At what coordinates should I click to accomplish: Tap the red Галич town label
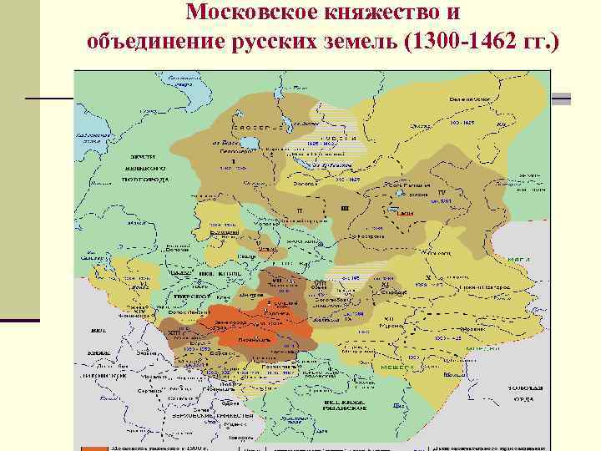[404, 214]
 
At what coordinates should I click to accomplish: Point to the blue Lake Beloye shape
[285, 124]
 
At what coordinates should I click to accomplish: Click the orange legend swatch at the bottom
[92, 447]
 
